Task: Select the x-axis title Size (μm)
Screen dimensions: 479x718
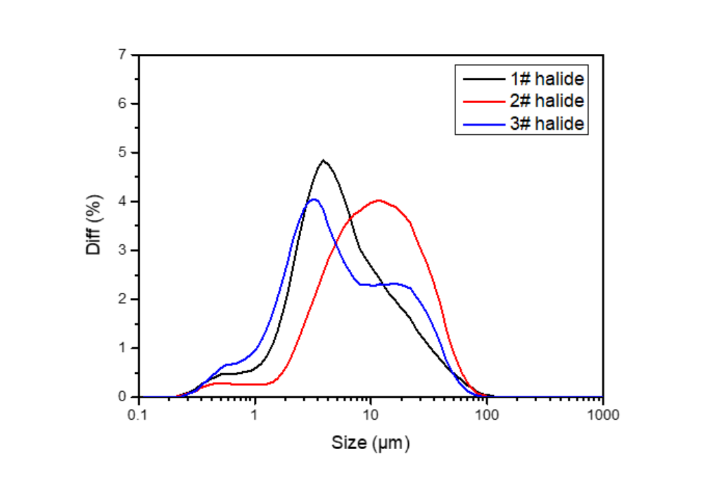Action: [371, 442]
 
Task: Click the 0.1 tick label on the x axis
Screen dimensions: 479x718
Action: [138, 414]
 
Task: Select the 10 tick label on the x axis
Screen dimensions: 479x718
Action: [371, 414]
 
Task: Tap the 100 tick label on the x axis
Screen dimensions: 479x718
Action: [487, 414]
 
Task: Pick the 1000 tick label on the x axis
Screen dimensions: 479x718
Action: [602, 414]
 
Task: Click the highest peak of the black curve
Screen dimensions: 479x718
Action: [324, 160]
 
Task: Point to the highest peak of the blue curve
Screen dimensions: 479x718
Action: [314, 199]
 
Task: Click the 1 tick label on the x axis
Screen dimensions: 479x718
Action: [255, 414]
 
